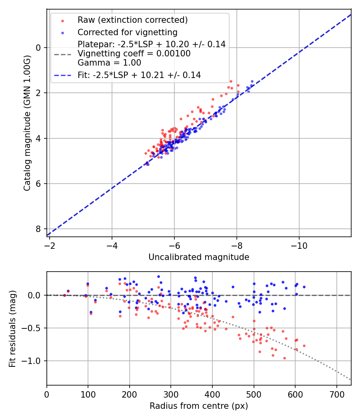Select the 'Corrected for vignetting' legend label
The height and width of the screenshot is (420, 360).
[127, 32]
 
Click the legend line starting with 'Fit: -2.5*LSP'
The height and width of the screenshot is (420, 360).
[139, 75]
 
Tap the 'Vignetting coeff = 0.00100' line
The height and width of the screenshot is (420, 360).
[134, 54]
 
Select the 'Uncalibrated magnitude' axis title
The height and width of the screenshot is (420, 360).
[199, 257]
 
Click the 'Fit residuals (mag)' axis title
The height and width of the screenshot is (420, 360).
[12, 329]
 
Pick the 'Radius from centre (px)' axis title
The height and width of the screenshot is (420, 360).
[199, 406]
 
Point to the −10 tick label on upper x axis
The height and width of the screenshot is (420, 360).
[299, 245]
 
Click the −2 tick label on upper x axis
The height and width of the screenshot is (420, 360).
[50, 245]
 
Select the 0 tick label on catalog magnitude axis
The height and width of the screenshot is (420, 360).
[39, 48]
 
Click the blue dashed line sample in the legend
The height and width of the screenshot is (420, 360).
[62, 75]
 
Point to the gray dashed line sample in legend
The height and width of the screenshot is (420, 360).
[62, 54]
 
